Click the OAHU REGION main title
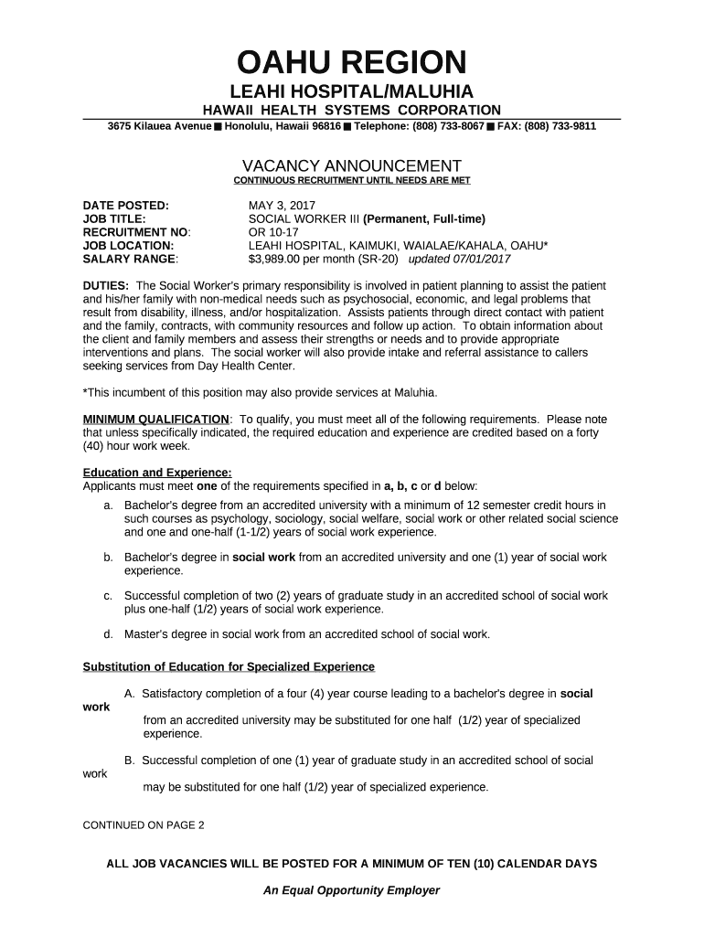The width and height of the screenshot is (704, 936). [x=352, y=63]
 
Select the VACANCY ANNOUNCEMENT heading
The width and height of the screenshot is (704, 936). [x=352, y=165]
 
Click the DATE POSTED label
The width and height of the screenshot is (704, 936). [x=125, y=206]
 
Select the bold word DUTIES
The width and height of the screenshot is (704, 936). [x=105, y=286]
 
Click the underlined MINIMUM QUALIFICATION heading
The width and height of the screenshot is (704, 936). [x=156, y=420]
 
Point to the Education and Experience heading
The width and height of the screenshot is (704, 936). [x=144, y=473]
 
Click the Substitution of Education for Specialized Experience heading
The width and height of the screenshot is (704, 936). [x=229, y=665]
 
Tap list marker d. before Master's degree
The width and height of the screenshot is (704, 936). [x=108, y=633]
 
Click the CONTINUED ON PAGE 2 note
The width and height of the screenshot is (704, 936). [x=144, y=824]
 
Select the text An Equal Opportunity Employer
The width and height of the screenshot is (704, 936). [x=352, y=890]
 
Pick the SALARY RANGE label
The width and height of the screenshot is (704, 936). [x=127, y=259]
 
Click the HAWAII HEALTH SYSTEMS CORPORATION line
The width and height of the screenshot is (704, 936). [x=352, y=110]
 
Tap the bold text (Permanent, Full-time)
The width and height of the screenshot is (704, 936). [x=424, y=219]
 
